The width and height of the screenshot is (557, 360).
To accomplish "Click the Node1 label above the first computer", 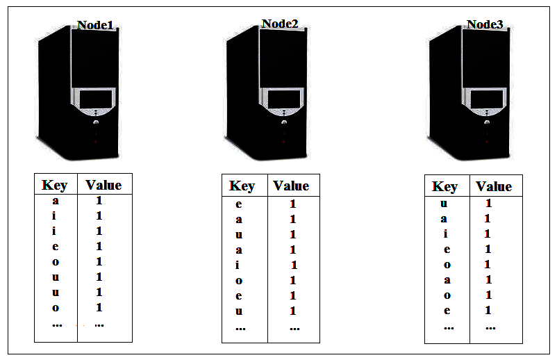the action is click(x=95, y=25).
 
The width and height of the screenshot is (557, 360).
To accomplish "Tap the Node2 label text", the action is click(x=280, y=24).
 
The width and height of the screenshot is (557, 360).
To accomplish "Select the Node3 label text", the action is click(x=485, y=24).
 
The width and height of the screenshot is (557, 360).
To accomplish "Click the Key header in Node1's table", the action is click(x=54, y=185).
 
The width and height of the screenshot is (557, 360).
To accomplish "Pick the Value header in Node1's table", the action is click(x=103, y=185).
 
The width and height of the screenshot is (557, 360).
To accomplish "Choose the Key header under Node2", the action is click(x=242, y=186).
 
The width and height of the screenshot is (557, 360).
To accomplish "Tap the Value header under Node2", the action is click(x=291, y=186).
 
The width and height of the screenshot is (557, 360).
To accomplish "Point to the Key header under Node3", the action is click(x=444, y=186).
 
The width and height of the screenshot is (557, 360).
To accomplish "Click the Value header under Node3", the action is click(x=494, y=186).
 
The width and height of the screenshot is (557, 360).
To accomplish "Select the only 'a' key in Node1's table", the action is click(x=56, y=201).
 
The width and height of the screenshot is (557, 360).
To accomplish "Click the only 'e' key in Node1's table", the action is click(x=56, y=247).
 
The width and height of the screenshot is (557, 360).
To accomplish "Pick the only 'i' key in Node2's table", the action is click(x=238, y=265).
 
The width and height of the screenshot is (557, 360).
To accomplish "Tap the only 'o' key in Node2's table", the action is click(x=239, y=281).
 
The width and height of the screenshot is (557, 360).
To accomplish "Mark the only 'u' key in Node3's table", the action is click(x=444, y=204).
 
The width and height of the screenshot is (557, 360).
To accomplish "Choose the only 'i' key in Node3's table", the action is click(x=445, y=234).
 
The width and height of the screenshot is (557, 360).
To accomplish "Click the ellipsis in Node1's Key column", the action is click(x=57, y=325).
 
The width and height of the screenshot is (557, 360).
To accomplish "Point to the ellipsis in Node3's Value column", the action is click(x=490, y=327).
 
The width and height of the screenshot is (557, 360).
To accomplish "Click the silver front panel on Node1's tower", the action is click(x=94, y=101).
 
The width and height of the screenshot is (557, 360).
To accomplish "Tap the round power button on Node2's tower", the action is click(x=284, y=122).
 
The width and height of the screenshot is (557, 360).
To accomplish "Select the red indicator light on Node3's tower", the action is click(x=487, y=142).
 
